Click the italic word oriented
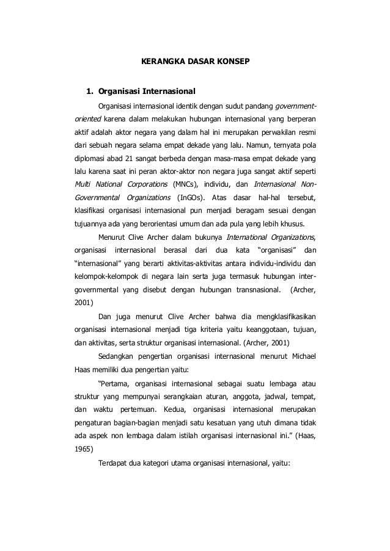tap(84, 118)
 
